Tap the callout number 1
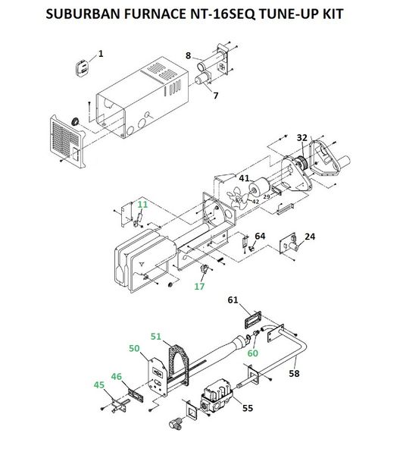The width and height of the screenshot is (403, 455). (101, 54)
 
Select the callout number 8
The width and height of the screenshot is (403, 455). (189, 55)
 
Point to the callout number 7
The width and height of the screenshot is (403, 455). (215, 96)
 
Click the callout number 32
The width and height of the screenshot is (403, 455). (301, 138)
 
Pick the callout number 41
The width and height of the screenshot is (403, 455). (244, 178)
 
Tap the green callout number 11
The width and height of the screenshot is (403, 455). (142, 205)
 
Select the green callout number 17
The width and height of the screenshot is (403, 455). (199, 287)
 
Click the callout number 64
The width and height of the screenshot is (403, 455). (260, 236)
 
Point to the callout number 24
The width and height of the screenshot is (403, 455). (310, 237)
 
